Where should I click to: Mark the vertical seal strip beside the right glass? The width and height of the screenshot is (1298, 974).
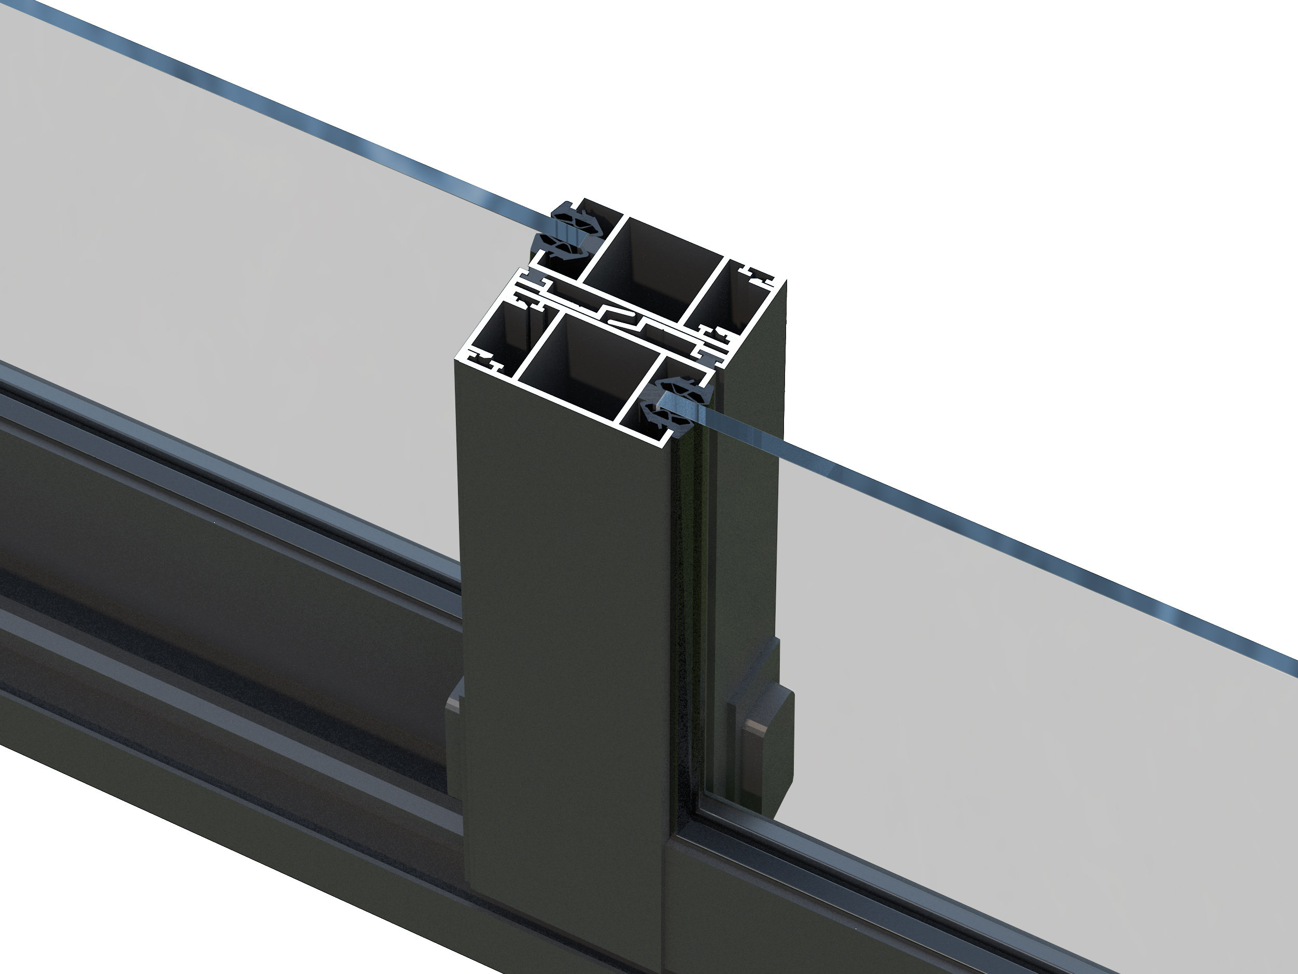click(x=689, y=587)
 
